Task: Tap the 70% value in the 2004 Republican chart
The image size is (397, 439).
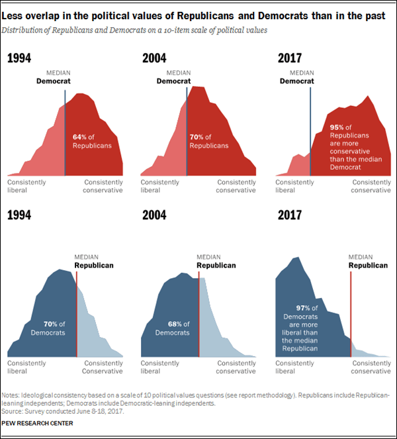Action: click(x=197, y=137)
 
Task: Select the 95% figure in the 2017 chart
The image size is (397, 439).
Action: click(x=337, y=126)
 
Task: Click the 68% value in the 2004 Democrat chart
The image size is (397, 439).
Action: click(x=175, y=324)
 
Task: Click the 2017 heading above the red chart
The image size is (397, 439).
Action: click(x=290, y=58)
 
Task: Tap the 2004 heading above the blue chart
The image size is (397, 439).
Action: click(x=154, y=215)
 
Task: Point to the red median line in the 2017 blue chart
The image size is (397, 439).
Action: click(x=351, y=311)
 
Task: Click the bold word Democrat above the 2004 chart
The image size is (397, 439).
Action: click(x=173, y=81)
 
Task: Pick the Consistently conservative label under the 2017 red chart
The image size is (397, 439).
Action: click(x=371, y=186)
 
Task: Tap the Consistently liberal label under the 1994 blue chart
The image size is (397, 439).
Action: click(x=26, y=367)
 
